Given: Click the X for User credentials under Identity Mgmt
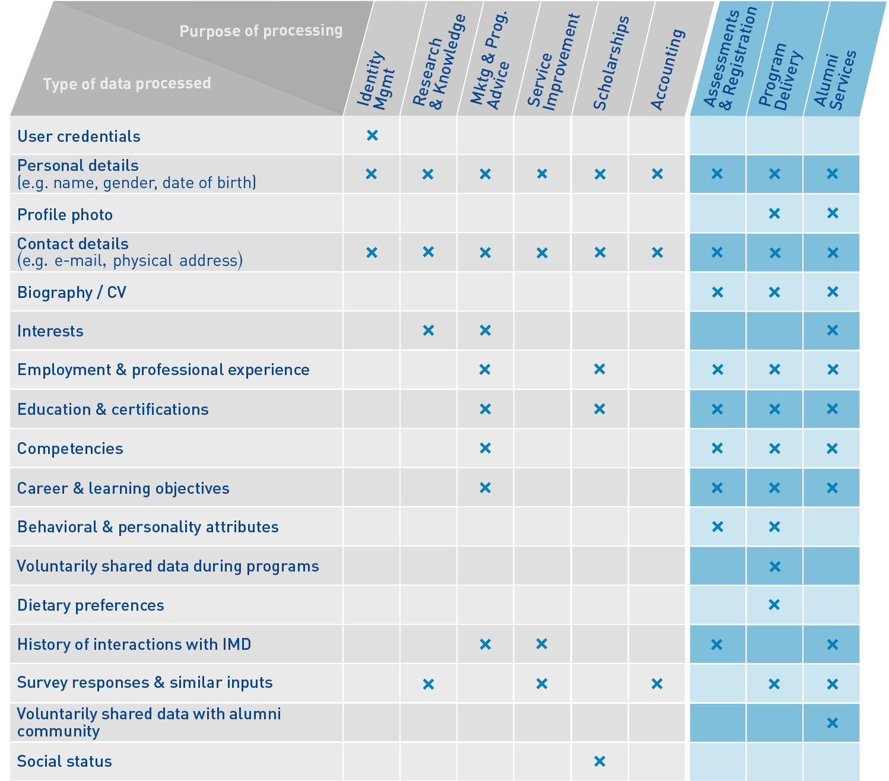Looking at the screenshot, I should [372, 135].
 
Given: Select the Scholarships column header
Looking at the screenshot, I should [611, 63].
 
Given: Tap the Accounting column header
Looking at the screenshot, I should [668, 69].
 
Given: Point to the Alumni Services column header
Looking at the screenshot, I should [835, 80].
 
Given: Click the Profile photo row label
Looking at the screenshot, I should [65, 215].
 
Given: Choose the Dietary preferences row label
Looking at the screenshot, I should [90, 605].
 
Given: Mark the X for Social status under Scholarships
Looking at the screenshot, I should [599, 761].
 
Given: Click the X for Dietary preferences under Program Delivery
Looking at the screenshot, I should [774, 605].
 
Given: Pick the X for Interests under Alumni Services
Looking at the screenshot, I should [832, 331].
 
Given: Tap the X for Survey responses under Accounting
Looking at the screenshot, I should [657, 684].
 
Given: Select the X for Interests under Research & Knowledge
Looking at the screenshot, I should [428, 331].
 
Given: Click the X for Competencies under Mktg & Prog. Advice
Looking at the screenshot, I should [485, 448].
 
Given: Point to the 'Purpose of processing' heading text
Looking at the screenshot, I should [261, 30].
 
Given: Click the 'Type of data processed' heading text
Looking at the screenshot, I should [126, 83].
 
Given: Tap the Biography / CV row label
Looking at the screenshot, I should [71, 293].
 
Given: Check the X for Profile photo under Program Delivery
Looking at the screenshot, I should [774, 213].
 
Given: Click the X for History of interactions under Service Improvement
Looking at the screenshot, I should [541, 644].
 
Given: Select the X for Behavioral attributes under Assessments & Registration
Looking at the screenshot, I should [717, 526].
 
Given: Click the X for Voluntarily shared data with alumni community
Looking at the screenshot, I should [832, 723].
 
